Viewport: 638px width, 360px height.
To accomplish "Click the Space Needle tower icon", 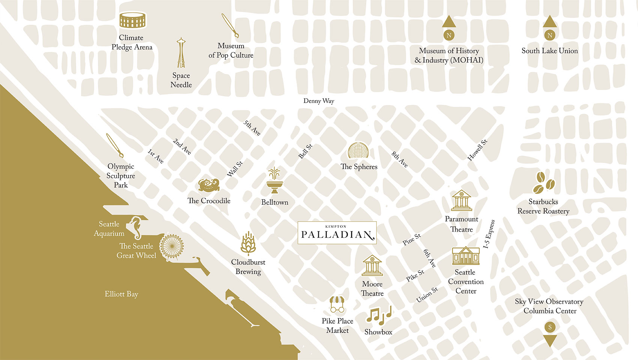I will (181, 53).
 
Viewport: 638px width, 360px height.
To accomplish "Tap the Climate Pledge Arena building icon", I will (132, 21).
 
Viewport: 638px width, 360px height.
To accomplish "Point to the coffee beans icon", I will (544, 183).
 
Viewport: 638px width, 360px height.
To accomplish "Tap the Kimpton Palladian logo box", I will (337, 233).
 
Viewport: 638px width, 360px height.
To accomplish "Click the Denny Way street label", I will (319, 101).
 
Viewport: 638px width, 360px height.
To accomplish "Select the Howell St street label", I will (477, 150).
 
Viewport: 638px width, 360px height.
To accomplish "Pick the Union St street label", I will (427, 295).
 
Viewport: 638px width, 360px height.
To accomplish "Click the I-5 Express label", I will (489, 234).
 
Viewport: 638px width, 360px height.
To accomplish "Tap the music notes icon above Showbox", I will (378, 315).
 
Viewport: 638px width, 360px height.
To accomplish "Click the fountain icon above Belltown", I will (275, 180).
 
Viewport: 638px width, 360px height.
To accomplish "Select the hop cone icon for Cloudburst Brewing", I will (248, 244).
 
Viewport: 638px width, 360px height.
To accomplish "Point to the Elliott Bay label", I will (121, 294).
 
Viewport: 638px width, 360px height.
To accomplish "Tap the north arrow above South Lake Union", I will (550, 22).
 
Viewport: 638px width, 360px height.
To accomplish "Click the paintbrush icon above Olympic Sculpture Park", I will (114, 145).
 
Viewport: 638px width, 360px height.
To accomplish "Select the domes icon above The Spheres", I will (358, 151).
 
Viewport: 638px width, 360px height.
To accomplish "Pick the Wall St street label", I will (235, 169).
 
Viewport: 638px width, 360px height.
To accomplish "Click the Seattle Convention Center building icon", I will (465, 256).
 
